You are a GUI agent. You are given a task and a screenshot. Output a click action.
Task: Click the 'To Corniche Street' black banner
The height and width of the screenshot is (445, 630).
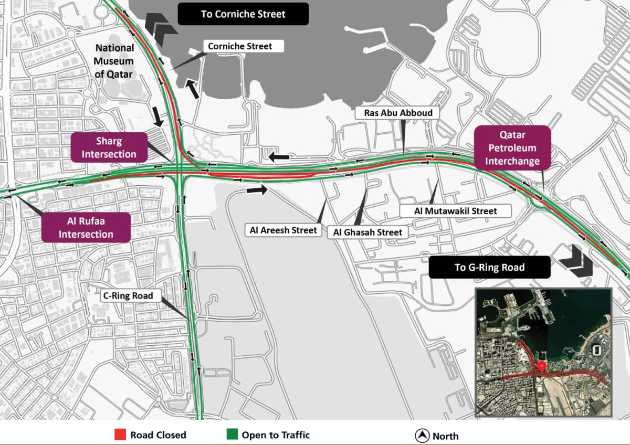click(x=243, y=14)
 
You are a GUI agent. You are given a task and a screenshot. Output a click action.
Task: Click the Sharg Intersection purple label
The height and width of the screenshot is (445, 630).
click(x=109, y=147)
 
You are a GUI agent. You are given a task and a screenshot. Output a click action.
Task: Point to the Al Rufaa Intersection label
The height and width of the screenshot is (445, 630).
click(x=86, y=227)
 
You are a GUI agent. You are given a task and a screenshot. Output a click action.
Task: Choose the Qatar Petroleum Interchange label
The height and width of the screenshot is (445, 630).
click(x=512, y=148)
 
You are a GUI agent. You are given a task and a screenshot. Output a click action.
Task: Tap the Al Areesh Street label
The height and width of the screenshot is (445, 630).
click(x=283, y=230)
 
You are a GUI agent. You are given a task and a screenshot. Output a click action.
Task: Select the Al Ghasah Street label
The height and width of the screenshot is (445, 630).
click(x=367, y=232)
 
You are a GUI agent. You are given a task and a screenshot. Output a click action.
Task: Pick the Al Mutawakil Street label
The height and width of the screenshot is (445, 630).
click(x=455, y=211)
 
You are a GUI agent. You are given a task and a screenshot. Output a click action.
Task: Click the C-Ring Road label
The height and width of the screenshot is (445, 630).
click(x=128, y=296)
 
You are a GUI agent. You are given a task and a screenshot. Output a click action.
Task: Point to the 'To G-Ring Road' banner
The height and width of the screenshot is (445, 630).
click(x=489, y=268)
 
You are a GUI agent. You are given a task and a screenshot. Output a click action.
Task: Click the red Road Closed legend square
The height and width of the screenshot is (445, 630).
click(x=120, y=435)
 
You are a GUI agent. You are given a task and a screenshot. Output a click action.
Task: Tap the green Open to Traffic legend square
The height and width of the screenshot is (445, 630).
click(x=232, y=435)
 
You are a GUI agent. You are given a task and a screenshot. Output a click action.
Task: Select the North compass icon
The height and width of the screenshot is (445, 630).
click(x=422, y=436)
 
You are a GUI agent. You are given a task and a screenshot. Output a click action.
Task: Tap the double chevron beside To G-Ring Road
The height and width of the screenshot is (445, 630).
click(x=576, y=261)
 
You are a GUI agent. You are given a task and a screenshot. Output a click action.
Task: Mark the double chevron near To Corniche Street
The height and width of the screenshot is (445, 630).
click(x=157, y=24)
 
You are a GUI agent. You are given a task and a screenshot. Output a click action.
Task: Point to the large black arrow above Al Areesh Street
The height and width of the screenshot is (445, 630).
click(x=257, y=190)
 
